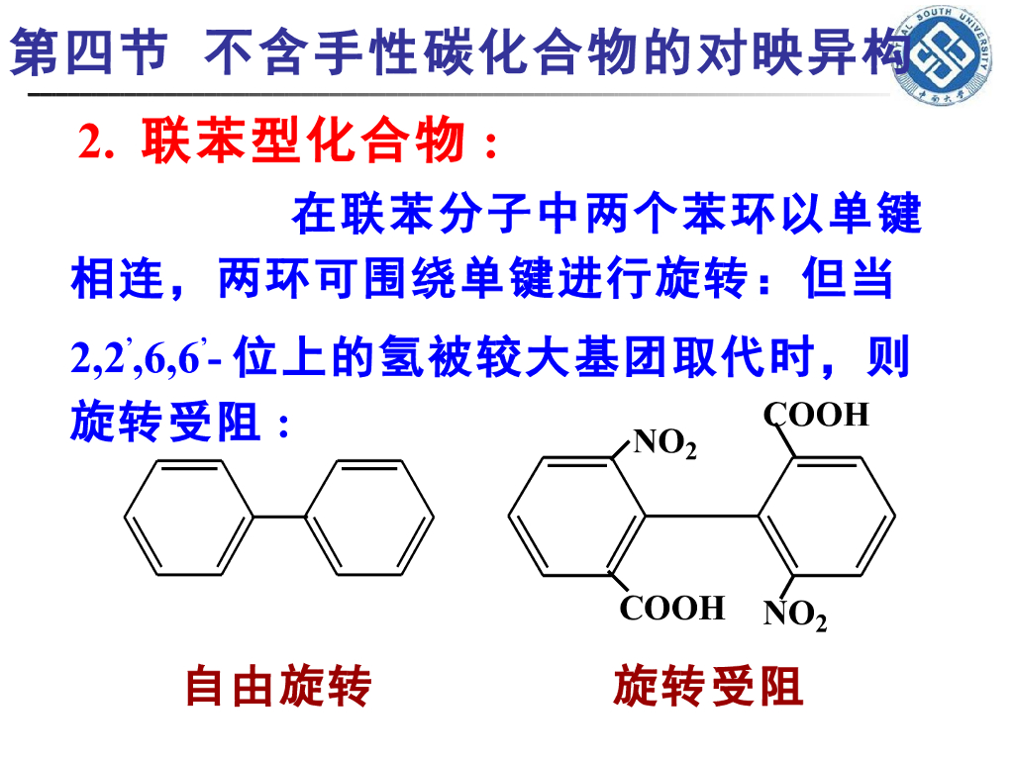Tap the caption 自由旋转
pos(278,686)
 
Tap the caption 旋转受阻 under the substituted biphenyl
pos(707,686)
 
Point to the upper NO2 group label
pos(664,443)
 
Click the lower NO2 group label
pos(795,616)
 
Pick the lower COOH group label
pos(672,607)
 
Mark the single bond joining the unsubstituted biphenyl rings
pos(279,516)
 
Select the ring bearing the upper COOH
pos(828,516)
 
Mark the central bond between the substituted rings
pos(702,516)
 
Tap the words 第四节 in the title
pos(89,52)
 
